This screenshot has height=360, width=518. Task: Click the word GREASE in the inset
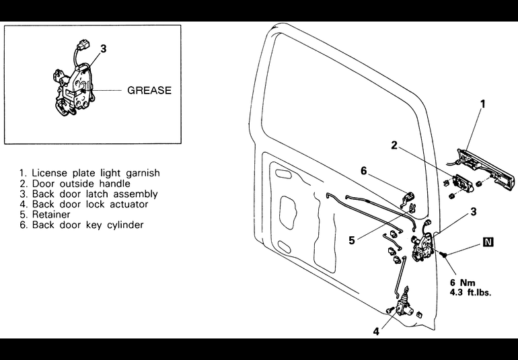coord(149,90)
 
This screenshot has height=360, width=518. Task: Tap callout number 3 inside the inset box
coord(104,49)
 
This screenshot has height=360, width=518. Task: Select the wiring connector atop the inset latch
coord(83,44)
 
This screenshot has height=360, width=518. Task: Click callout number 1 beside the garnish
coord(482,104)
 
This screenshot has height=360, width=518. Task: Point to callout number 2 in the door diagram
coord(394,145)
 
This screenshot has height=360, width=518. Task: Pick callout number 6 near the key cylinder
coord(364,171)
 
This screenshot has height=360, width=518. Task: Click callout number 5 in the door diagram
coord(352,240)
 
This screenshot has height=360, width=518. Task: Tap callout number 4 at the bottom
coord(376,331)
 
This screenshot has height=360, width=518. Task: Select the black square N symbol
coord(488,242)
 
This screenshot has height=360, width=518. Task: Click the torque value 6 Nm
coord(463,283)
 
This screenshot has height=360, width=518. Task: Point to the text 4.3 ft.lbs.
coord(470,293)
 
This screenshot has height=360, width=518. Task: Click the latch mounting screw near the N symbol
coord(443,254)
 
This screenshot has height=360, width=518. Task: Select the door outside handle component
coord(463,183)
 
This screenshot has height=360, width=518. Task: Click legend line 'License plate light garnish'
coord(89,173)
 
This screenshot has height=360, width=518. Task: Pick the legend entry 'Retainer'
coord(45,215)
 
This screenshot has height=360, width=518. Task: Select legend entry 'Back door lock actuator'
coord(84,205)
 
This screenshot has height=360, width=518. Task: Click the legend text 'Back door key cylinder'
coord(81,225)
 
